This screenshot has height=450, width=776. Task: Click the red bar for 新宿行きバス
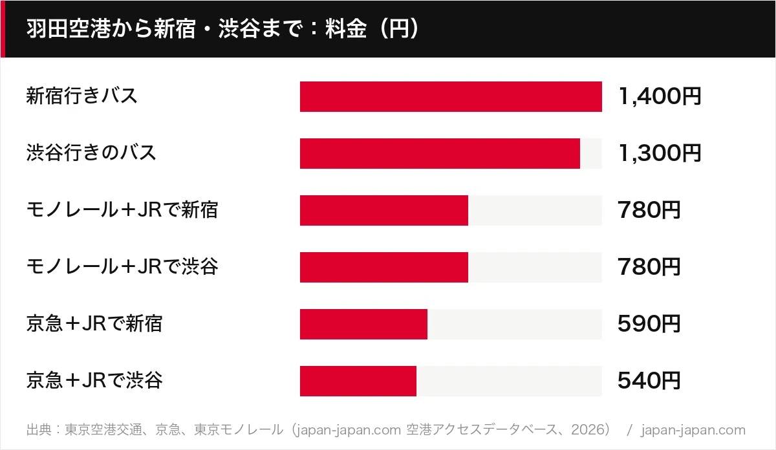coord(451,96)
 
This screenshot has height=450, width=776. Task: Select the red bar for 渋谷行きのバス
coord(440,153)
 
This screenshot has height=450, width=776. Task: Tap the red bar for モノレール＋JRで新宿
coord(384,210)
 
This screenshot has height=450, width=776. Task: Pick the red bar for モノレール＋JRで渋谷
coord(384,267)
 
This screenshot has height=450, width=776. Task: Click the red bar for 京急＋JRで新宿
coord(363,324)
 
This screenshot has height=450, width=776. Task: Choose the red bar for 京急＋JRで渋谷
coord(358,381)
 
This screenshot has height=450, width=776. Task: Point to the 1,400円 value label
coord(660,96)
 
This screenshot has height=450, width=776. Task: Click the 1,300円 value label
coord(660,153)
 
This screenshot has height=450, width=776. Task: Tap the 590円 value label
coord(649,323)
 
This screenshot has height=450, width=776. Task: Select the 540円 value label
coord(649,380)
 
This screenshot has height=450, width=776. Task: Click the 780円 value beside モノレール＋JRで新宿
coord(649,210)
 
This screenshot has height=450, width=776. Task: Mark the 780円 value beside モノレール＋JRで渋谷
coord(649,267)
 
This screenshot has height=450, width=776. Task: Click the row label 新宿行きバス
coord(81,96)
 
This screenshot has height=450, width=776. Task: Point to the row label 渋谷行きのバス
coord(91,153)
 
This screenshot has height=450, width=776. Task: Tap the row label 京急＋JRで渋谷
coord(94,380)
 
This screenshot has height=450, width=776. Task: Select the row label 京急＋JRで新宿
coord(94,323)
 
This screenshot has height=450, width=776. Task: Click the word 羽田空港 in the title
coord(69,28)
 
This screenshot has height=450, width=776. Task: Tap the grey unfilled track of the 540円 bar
coord(510,381)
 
